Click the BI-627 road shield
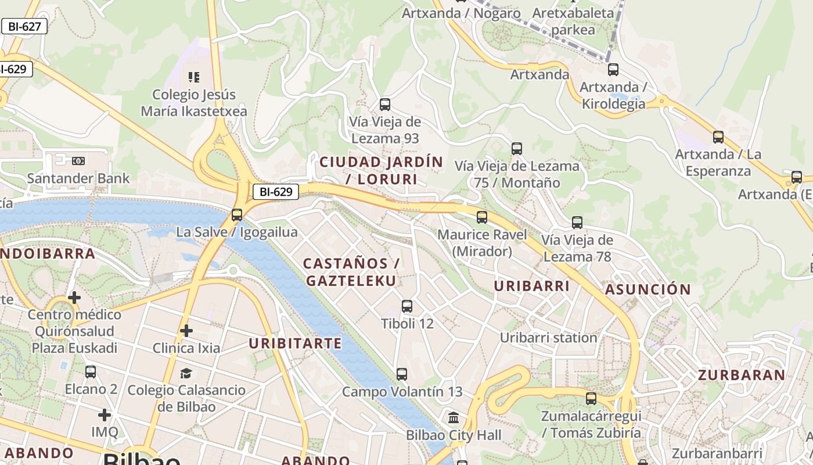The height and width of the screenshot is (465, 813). [24, 26]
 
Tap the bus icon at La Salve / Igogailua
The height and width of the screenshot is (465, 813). [236, 214]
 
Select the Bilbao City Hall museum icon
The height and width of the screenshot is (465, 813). [454, 417]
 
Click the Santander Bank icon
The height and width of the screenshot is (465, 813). [78, 160]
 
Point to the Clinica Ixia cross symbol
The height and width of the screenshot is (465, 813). [186, 331]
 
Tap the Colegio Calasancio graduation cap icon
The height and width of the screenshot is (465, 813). [186, 373]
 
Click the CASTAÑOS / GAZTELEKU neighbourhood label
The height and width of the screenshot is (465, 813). [351, 272]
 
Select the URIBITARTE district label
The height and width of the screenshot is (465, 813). [295, 344]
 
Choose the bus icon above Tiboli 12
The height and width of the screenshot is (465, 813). [407, 306]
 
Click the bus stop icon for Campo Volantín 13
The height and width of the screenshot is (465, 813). [402, 374]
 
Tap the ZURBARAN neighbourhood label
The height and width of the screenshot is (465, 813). [742, 375]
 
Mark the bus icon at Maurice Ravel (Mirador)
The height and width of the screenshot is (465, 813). [482, 217]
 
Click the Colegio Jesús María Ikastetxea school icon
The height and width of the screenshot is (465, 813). [194, 77]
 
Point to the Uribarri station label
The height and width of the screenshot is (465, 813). [548, 338]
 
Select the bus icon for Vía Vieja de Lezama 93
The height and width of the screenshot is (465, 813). [385, 105]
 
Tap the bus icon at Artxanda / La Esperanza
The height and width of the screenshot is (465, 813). [718, 137]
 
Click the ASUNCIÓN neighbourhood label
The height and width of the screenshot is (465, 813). [648, 289]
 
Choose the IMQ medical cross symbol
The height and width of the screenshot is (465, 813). [105, 415]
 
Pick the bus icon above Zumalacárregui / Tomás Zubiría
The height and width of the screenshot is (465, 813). [591, 399]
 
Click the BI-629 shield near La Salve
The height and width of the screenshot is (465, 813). [275, 192]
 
